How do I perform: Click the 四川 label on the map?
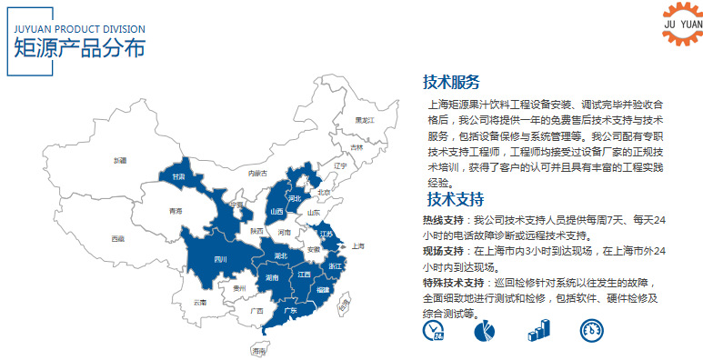click(x=220, y=259)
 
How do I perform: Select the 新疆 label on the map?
click(x=120, y=160)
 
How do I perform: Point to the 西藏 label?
click(x=118, y=238)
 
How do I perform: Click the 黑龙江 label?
click(x=364, y=120)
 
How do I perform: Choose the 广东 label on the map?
click(x=292, y=310)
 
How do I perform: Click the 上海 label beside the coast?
click(x=357, y=245)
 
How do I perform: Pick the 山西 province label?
click(x=276, y=212)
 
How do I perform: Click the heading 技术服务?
click(x=451, y=82)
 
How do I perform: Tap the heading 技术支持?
click(x=455, y=199)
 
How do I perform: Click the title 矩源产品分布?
click(x=80, y=48)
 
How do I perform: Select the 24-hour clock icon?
click(x=433, y=330)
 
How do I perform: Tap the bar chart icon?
click(x=538, y=330)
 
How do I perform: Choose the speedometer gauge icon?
click(x=591, y=330)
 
